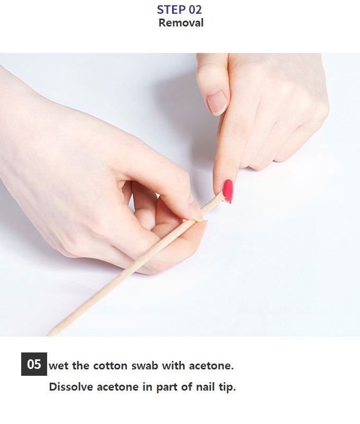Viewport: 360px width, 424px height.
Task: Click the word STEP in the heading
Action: tap(171, 10)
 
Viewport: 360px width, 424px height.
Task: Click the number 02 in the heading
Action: tap(195, 10)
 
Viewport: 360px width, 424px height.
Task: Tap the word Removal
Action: tap(181, 23)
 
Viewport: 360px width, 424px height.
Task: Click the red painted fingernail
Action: tap(228, 191)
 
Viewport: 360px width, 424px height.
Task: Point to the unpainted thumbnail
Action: tap(217, 102)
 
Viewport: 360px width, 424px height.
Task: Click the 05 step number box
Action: tap(34, 364)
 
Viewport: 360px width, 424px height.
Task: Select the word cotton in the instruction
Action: tap(110, 366)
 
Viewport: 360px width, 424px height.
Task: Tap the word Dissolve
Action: tap(71, 387)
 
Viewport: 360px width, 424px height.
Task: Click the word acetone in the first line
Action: tap(211, 366)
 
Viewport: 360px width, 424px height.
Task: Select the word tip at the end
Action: tap(227, 387)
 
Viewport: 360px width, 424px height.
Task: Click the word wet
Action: tap(58, 366)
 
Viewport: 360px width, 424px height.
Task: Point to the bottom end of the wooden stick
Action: tap(49, 334)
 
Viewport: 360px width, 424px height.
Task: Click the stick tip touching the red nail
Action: tap(223, 193)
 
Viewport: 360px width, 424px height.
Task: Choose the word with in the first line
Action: tap(174, 366)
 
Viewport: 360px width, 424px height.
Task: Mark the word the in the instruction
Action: tap(81, 366)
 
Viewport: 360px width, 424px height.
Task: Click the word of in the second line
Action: tap(186, 387)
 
